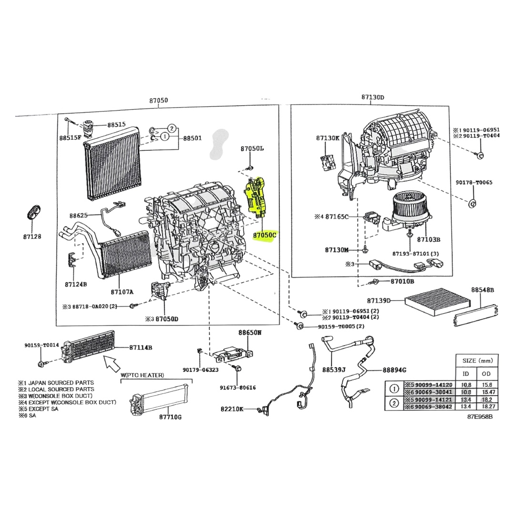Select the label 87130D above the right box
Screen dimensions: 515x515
[x=373, y=97]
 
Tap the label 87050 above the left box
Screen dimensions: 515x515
[x=158, y=101]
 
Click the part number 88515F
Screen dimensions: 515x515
[x=70, y=138]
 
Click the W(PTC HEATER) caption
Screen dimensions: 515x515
[x=142, y=375]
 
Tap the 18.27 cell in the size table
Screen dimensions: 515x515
[x=486, y=406]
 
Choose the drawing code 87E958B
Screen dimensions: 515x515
[x=479, y=416]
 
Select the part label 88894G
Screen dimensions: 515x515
[x=394, y=370]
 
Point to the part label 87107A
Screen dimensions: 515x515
[x=122, y=292]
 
